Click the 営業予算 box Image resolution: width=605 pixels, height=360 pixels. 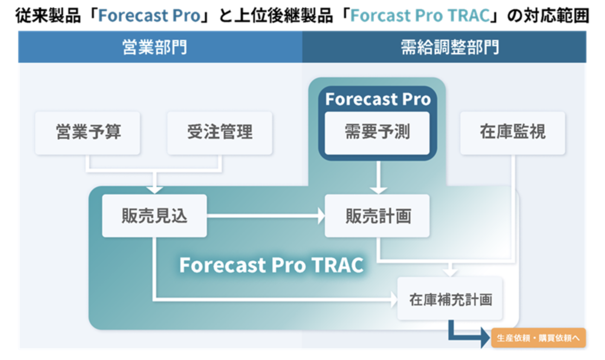pyautogui.click(x=88, y=133)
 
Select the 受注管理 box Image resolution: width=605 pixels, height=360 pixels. pyautogui.click(x=220, y=133)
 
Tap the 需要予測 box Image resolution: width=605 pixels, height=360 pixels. pyautogui.click(x=377, y=133)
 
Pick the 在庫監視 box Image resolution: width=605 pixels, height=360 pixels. pyautogui.click(x=512, y=133)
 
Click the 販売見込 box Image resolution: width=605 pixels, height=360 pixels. pyautogui.click(x=154, y=216)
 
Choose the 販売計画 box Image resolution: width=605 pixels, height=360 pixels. pyautogui.click(x=377, y=216)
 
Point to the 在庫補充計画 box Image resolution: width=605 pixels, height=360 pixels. pyautogui.click(x=450, y=299)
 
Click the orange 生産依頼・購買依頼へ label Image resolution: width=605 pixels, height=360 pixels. pyautogui.click(x=538, y=337)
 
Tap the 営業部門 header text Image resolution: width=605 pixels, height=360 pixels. pyautogui.click(x=155, y=47)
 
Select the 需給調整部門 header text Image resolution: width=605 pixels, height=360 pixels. pyautogui.click(x=450, y=47)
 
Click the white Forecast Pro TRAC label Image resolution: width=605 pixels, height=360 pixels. pyautogui.click(x=271, y=265)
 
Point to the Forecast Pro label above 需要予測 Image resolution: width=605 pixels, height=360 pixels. pyautogui.click(x=378, y=99)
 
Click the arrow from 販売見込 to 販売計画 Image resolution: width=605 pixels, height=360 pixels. pyautogui.click(x=266, y=216)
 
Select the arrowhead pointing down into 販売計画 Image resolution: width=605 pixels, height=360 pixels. pyautogui.click(x=378, y=190)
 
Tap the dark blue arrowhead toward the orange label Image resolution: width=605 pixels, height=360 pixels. pyautogui.click(x=485, y=337)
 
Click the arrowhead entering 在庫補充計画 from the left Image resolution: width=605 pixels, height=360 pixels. pyautogui.click(x=394, y=299)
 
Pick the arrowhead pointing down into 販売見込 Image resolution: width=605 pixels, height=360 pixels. pyautogui.click(x=155, y=190)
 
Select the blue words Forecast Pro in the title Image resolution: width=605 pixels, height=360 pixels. pyautogui.click(x=149, y=15)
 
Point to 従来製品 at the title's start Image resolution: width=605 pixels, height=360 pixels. pyautogui.click(x=48, y=15)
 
